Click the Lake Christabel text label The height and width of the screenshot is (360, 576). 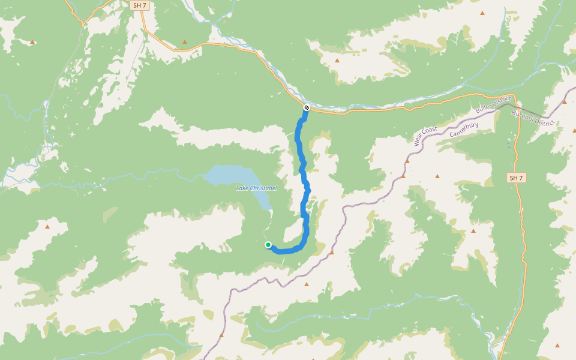(256, 188)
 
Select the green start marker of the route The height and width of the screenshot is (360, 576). (268, 245)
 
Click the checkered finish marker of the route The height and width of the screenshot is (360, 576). (306, 107)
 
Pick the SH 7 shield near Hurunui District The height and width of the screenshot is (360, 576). (516, 178)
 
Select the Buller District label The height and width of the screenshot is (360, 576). (493, 104)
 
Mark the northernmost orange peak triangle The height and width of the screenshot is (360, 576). (482, 13)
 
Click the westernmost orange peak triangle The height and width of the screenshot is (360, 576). (32, 42)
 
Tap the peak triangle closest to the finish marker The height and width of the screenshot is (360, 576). (337, 61)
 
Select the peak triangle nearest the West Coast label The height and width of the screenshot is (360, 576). (407, 161)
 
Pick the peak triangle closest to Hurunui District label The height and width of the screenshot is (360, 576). (564, 102)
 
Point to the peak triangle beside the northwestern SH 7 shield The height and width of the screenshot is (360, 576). (185, 42)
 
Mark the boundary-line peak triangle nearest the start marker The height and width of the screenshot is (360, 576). (331, 253)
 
